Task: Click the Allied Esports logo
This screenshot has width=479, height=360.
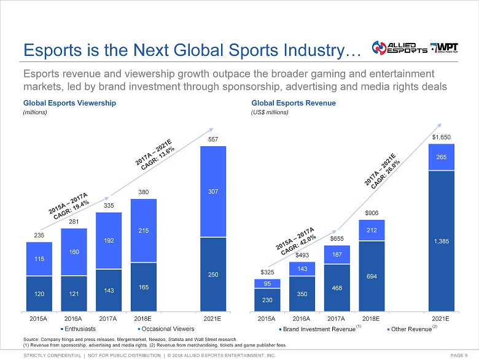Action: click(399, 49)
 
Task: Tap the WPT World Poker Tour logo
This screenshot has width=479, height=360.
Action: click(451, 49)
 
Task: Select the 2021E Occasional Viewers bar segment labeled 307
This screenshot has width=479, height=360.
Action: click(213, 192)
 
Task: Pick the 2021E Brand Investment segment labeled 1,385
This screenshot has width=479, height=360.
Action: click(440, 241)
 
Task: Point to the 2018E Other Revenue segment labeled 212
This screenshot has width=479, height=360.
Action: click(371, 230)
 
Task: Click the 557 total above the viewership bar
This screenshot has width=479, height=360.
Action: click(213, 139)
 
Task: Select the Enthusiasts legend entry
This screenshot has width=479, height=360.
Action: click(79, 329)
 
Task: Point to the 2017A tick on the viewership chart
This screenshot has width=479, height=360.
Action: click(109, 319)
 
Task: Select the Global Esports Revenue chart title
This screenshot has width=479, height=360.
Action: click(294, 103)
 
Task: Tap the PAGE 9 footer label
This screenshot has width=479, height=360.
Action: click(459, 355)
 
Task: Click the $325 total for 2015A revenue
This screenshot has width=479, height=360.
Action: click(267, 272)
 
